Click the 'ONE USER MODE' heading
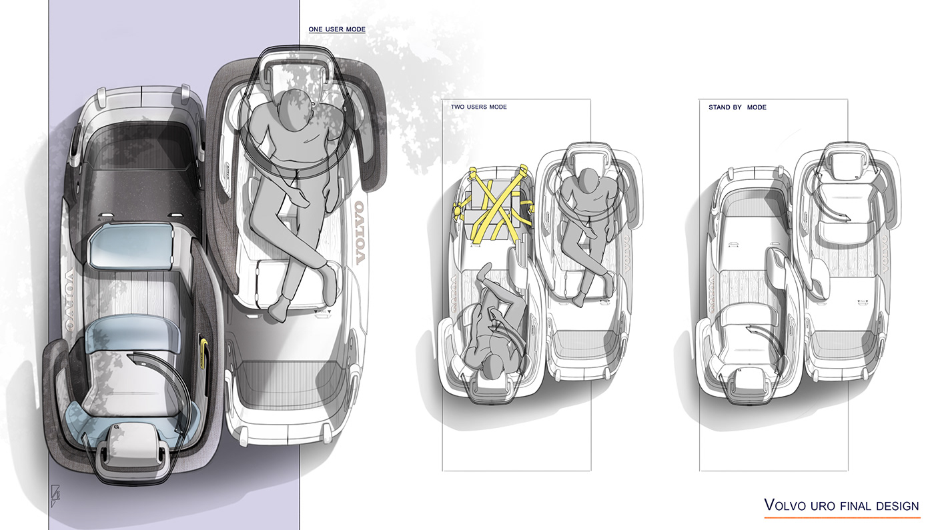pos(336,29)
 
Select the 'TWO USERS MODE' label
pos(478,107)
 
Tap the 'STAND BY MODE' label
pos(737,107)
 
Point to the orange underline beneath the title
pos(841,517)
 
